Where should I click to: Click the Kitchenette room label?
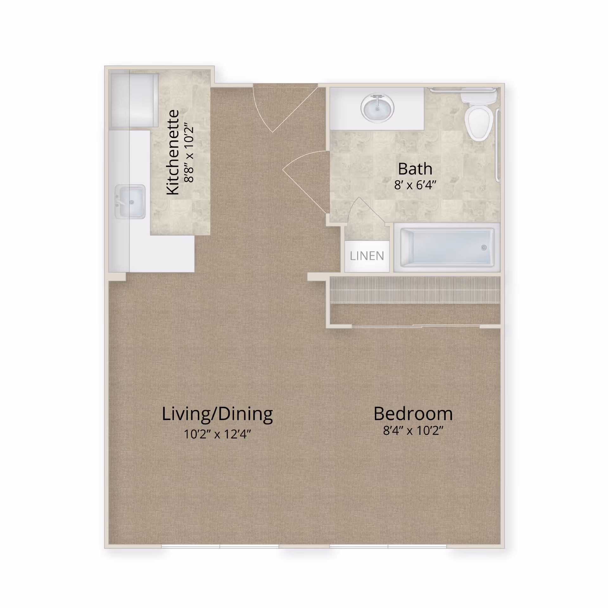pyautogui.click(x=173, y=152)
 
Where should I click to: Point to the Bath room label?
pyautogui.click(x=415, y=169)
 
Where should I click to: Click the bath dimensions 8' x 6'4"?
pyautogui.click(x=415, y=185)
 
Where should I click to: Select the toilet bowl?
pyautogui.click(x=478, y=123)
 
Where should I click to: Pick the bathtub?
pyautogui.click(x=447, y=248)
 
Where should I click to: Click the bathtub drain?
pyautogui.click(x=484, y=248)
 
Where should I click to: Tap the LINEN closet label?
pyautogui.click(x=367, y=256)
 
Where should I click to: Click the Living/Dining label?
pyautogui.click(x=217, y=414)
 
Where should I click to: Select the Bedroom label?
pyautogui.click(x=413, y=413)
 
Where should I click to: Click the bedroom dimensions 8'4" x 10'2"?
pyautogui.click(x=413, y=430)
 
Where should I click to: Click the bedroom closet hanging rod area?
pyautogui.click(x=415, y=290)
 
